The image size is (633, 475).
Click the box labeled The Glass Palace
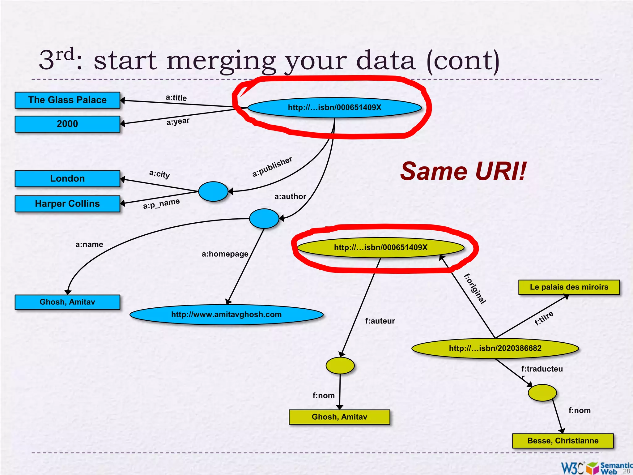pyautogui.click(x=67, y=100)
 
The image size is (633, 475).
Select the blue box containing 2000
pyautogui.click(x=67, y=124)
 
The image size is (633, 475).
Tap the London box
pyautogui.click(x=67, y=178)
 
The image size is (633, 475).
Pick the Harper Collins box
pyautogui.click(x=67, y=203)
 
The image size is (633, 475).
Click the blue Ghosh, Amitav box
pyautogui.click(x=67, y=302)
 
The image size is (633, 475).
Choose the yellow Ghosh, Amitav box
pyautogui.click(x=339, y=417)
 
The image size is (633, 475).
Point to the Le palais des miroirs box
pyautogui.click(x=569, y=287)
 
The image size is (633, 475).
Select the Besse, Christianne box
pyautogui.click(x=563, y=441)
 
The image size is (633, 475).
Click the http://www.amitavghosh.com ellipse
pyautogui.click(x=226, y=315)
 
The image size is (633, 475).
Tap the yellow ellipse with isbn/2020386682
pyautogui.click(x=495, y=348)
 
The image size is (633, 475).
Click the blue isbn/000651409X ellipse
pyautogui.click(x=334, y=108)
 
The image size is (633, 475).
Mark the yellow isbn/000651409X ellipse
pyautogui.click(x=380, y=247)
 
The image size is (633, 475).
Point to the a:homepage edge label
pyautogui.click(x=225, y=254)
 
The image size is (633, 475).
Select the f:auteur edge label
pyautogui.click(x=380, y=321)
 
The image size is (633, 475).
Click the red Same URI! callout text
pyautogui.click(x=463, y=171)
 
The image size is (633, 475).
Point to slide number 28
pyautogui.click(x=626, y=471)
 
